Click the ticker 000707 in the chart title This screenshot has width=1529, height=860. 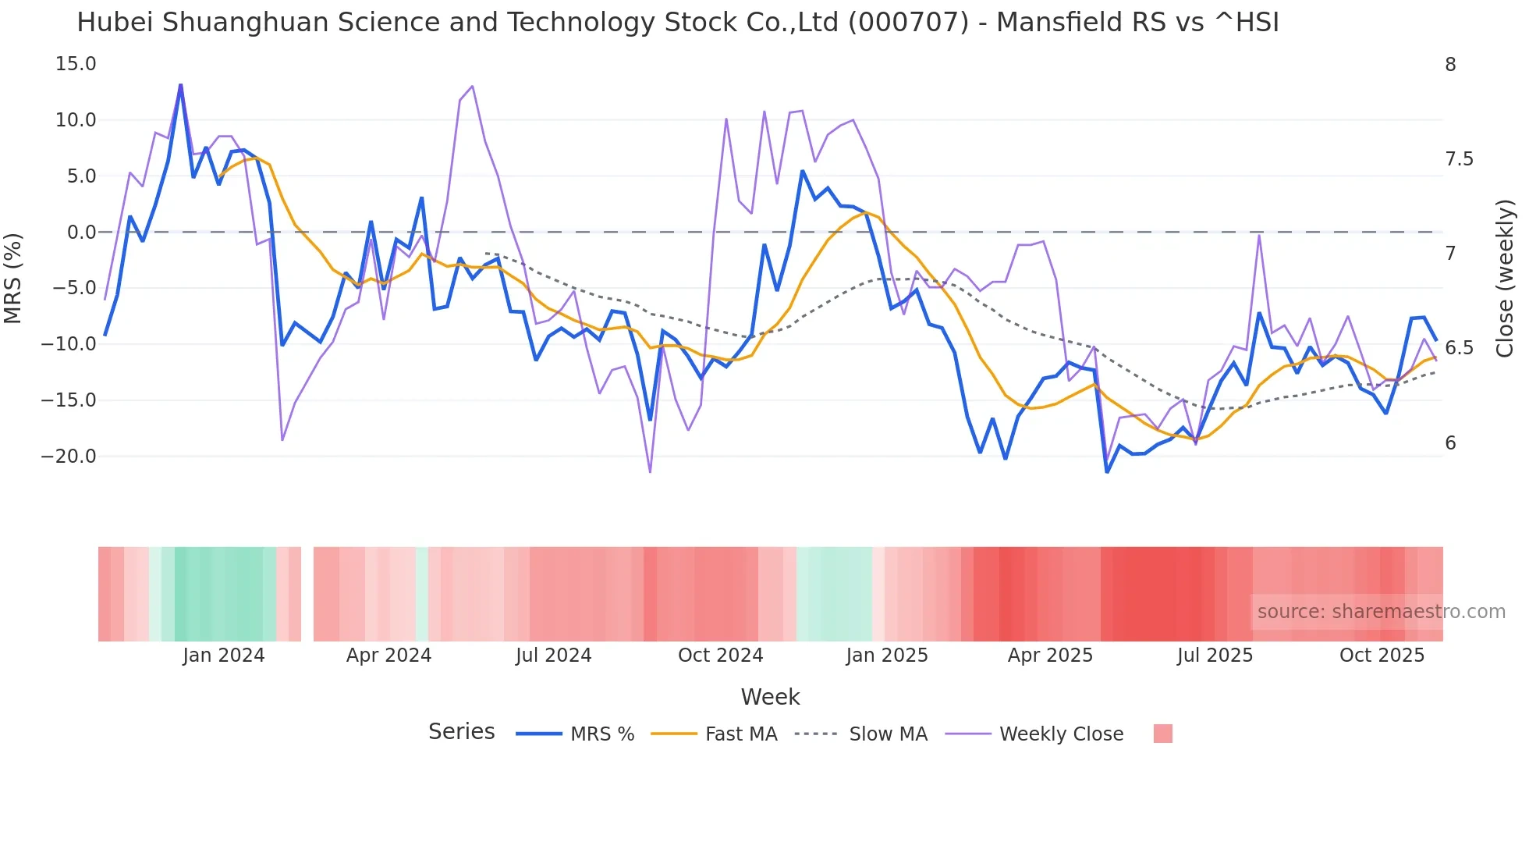click(908, 23)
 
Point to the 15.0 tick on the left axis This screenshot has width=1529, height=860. click(76, 64)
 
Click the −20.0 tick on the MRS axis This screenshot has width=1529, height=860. click(69, 457)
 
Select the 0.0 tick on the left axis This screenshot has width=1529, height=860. click(81, 233)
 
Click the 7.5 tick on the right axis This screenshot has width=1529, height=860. click(1459, 159)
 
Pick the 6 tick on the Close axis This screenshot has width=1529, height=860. click(1450, 443)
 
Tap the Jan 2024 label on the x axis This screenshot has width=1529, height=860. click(224, 656)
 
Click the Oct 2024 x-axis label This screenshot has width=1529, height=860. click(720, 656)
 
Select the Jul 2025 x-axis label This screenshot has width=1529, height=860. click(1215, 656)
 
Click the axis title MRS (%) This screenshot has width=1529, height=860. click(13, 278)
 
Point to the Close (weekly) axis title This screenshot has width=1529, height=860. click(1505, 278)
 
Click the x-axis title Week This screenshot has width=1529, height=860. click(770, 697)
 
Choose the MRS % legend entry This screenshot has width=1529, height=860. click(601, 734)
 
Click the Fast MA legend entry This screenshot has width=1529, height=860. click(740, 734)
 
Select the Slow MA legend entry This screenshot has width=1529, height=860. click(888, 734)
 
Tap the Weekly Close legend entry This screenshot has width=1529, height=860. click(1061, 734)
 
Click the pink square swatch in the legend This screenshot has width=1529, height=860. click(1162, 734)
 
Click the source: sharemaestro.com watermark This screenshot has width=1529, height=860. click(1381, 612)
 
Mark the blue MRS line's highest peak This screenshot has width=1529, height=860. click(181, 85)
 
